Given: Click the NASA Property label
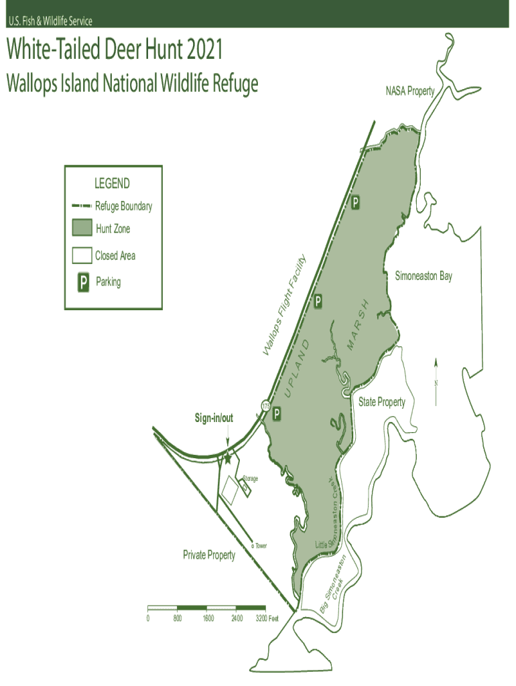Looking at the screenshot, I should point(409,91).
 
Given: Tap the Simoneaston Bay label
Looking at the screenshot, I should point(423,276).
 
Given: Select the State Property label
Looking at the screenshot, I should point(381,402).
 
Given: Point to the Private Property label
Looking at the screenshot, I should point(209,555).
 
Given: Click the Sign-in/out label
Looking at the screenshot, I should point(214,418).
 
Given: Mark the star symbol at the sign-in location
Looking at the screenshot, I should point(227,459).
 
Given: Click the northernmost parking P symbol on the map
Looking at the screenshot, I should point(356,202).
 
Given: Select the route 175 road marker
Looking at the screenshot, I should point(266,405).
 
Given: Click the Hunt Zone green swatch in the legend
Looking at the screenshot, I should point(82,228).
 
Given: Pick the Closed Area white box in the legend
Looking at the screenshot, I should point(82,256).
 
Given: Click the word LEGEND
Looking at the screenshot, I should point(113,184).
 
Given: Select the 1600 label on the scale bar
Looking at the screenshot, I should point(208,618).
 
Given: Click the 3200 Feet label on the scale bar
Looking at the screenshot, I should point(267,618).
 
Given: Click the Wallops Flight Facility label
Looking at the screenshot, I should point(285,305).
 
